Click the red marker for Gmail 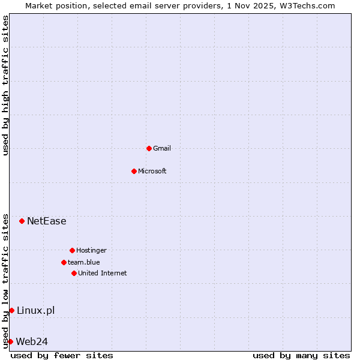[149, 148]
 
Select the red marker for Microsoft [134, 171]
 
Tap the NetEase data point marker [22, 221]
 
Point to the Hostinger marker [72, 250]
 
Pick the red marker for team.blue [64, 262]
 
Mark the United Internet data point [74, 273]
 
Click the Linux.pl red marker [11, 310]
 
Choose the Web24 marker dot [10, 341]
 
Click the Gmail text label [162, 148]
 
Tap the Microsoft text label [152, 171]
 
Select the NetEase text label [47, 221]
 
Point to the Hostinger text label [91, 250]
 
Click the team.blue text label [84, 262]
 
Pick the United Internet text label [103, 273]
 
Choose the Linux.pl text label [36, 310]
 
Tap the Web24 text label [32, 341]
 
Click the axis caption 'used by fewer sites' [62, 355]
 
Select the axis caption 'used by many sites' [301, 355]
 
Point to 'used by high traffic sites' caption [5, 85]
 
